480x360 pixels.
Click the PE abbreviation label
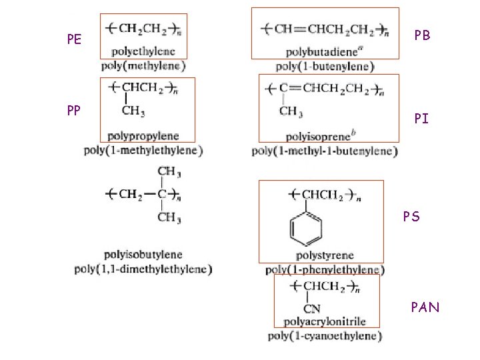click(x=74, y=39)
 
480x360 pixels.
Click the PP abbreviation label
click(x=74, y=110)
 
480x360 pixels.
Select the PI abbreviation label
click(x=421, y=119)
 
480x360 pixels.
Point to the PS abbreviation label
click(x=411, y=217)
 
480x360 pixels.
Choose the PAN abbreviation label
click(x=425, y=307)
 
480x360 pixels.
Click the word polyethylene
click(x=143, y=51)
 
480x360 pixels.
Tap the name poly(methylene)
click(x=143, y=65)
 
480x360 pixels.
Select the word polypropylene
click(x=145, y=137)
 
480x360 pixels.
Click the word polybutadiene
click(x=319, y=52)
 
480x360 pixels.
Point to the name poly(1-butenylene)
click(x=325, y=66)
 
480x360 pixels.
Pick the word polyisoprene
click(x=313, y=137)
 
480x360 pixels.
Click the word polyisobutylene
click(x=143, y=255)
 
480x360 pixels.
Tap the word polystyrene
click(x=325, y=255)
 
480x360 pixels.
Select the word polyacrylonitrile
click(x=325, y=322)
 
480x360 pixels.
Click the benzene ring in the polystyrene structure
click(x=306, y=228)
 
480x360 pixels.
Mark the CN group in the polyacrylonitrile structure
click(x=311, y=309)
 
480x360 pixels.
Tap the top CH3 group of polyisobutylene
click(x=169, y=171)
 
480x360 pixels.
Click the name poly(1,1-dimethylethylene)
click(x=143, y=269)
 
